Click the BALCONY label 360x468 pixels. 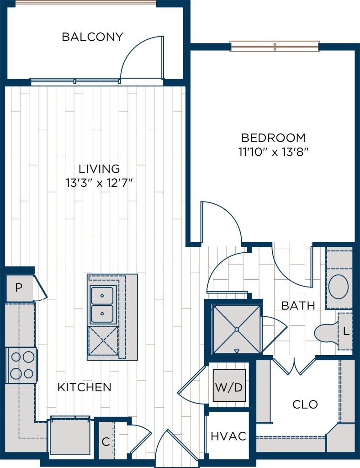(92, 37)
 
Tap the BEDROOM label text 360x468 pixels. (273, 138)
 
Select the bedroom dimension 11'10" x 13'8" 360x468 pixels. (273, 152)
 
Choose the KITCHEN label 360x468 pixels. (85, 388)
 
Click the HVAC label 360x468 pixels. (228, 436)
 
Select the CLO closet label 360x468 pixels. (305, 404)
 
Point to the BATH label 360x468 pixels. (298, 306)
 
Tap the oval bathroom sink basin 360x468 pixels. (339, 287)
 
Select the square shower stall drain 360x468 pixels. (236, 329)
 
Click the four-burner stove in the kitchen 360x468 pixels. (21, 365)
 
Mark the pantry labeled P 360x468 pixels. (19, 288)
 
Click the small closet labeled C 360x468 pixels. (106, 442)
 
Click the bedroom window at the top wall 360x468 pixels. (275, 46)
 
